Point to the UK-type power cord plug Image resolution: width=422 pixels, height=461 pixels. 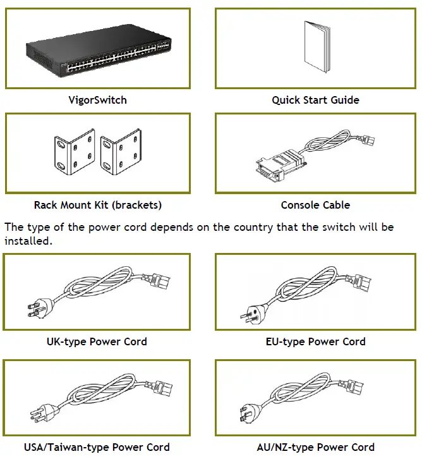pos(34,309)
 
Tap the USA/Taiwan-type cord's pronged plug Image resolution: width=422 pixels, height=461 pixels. pos(34,415)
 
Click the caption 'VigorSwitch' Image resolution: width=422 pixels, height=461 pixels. pos(97,100)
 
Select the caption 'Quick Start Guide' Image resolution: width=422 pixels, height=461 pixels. pos(315,100)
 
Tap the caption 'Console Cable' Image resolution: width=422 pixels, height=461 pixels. pos(315,206)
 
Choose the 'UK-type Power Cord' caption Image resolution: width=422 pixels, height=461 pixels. pos(97,341)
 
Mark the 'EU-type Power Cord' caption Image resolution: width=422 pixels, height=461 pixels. pos(315,341)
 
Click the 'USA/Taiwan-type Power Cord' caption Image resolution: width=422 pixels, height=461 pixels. pos(97,447)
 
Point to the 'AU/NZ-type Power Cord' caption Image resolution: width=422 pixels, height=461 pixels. pos(315,447)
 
